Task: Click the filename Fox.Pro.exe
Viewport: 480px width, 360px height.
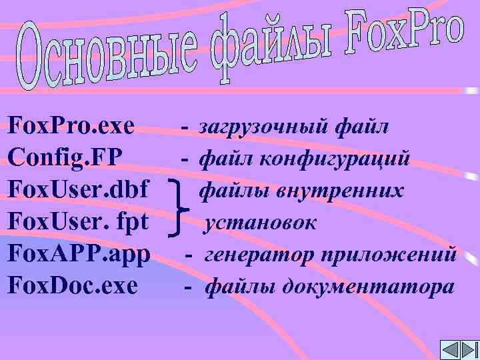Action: pyautogui.click(x=71, y=125)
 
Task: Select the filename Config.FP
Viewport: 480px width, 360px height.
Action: pyautogui.click(x=65, y=158)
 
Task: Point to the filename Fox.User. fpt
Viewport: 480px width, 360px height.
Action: pyautogui.click(x=77, y=223)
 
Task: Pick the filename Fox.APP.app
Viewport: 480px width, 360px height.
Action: pyautogui.click(x=79, y=255)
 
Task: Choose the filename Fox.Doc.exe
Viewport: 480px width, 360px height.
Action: pyautogui.click(x=73, y=287)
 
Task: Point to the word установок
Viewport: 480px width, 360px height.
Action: pyautogui.click(x=261, y=223)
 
